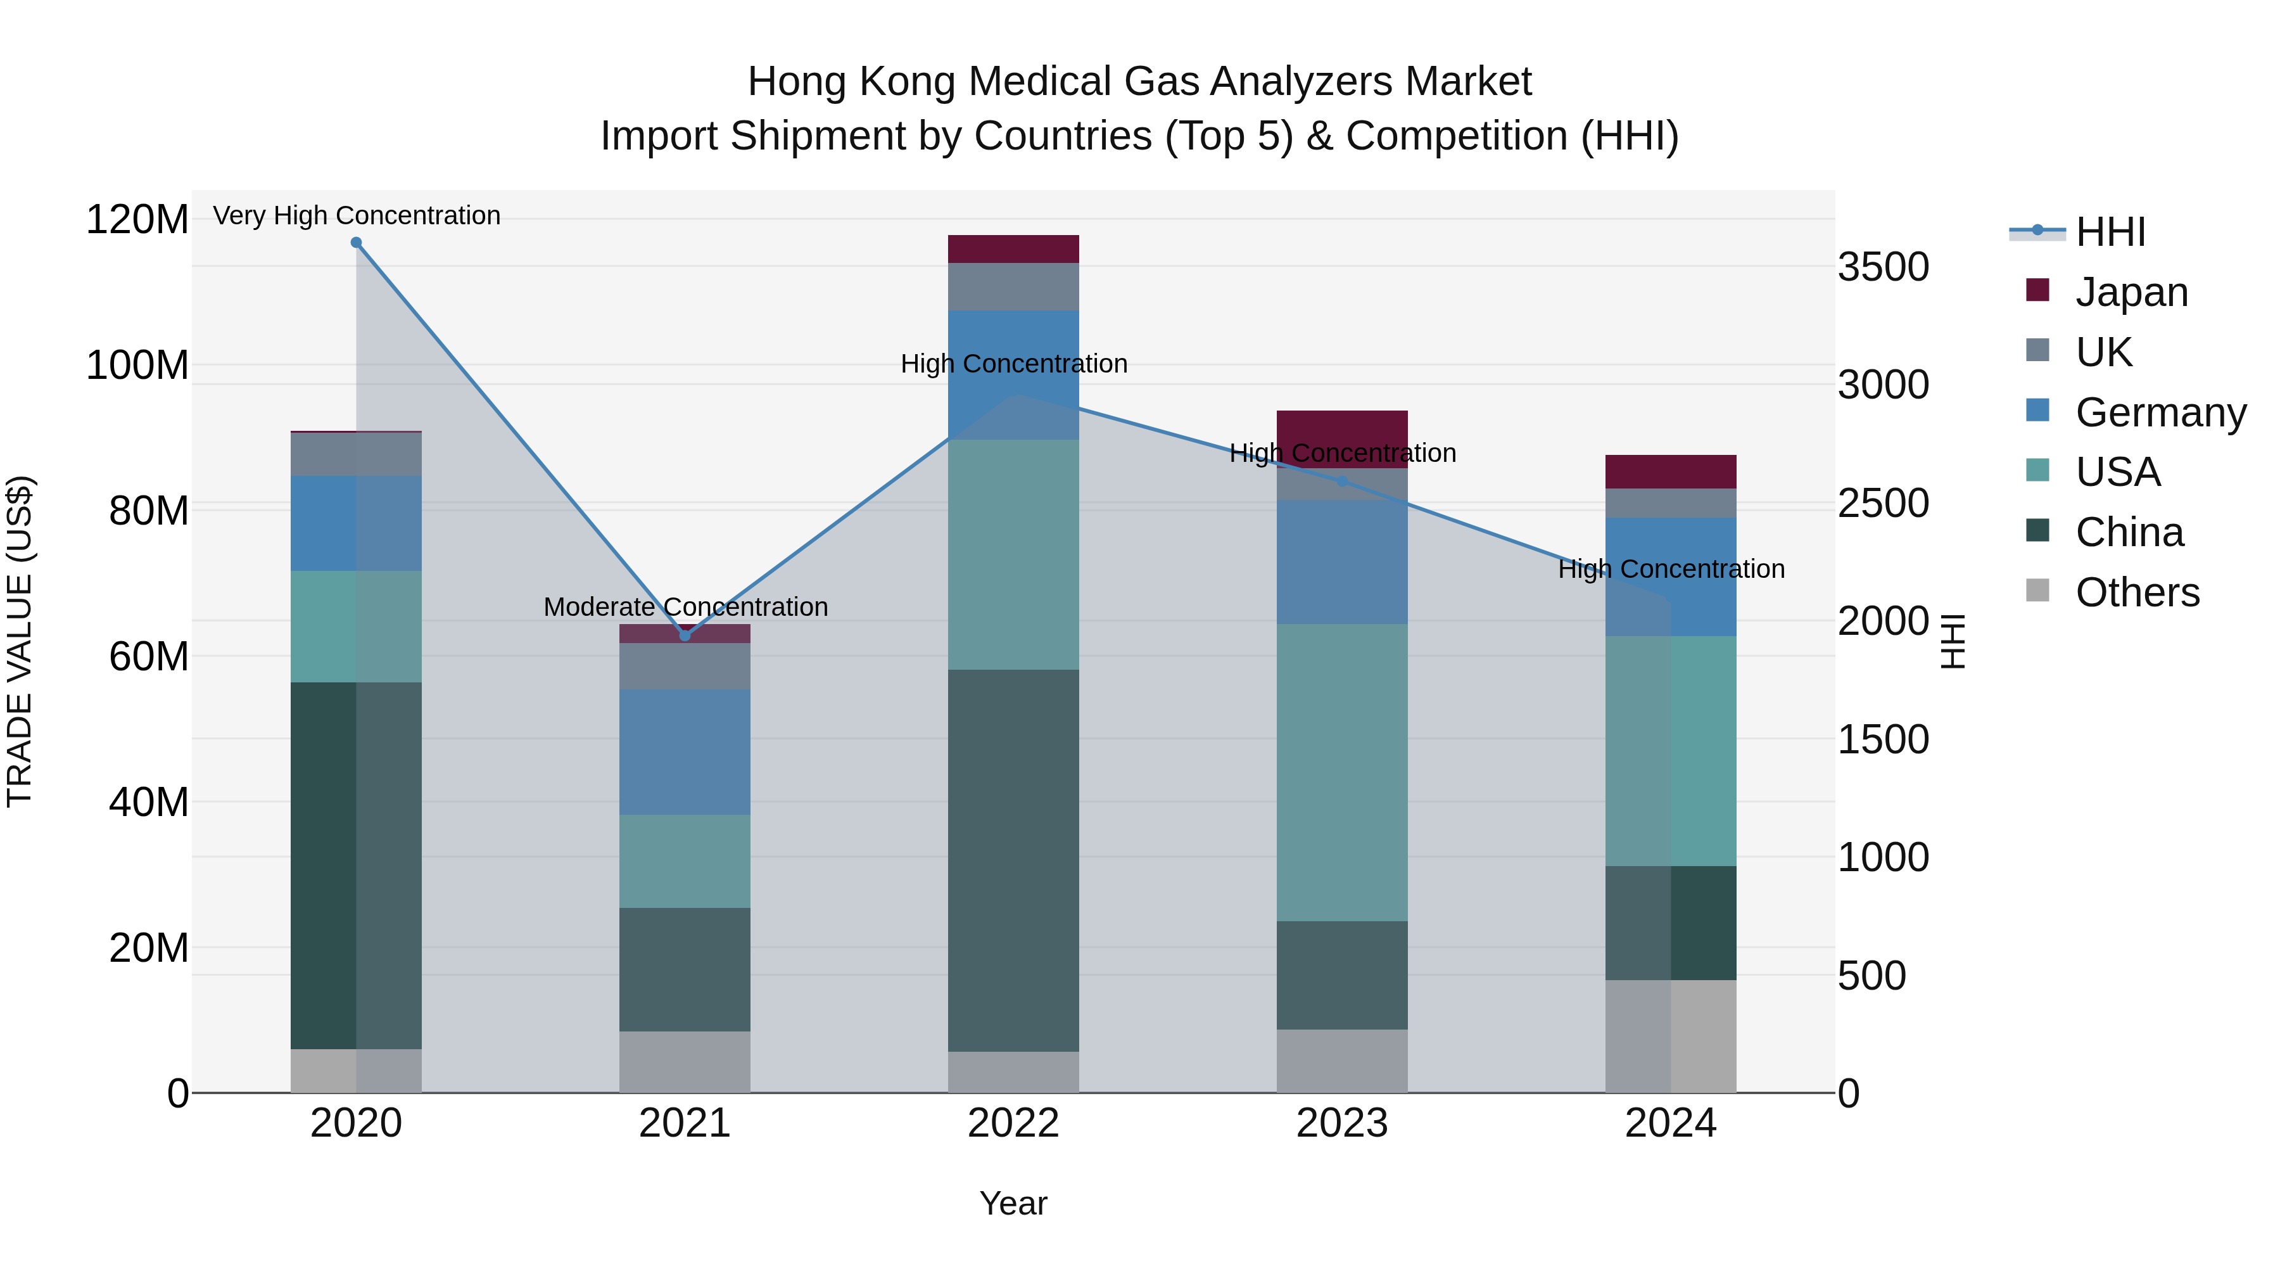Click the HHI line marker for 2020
(356, 243)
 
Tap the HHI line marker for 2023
(1342, 482)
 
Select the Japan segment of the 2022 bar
(1013, 249)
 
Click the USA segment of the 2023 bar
(1342, 772)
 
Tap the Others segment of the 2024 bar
(1671, 1036)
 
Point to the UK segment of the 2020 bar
(356, 454)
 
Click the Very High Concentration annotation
(357, 216)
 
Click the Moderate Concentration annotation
(686, 608)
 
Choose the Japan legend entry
(2131, 292)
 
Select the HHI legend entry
(2110, 232)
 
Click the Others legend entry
(2137, 592)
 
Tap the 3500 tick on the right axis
(1884, 267)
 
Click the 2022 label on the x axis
(1013, 1123)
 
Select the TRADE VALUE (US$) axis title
(20, 641)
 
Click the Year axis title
(1013, 1203)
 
